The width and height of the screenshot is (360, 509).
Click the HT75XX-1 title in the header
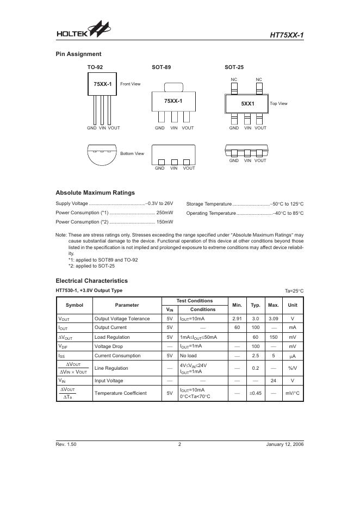(287, 35)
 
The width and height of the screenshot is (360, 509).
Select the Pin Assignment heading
(78, 54)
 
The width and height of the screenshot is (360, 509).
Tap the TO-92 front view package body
(103, 84)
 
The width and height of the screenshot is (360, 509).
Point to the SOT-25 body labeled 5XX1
(247, 103)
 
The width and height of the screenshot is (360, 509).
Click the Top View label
(278, 103)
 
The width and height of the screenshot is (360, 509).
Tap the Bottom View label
(132, 154)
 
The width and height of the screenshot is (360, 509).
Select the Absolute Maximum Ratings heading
(95, 193)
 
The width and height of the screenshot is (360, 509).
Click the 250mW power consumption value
(164, 213)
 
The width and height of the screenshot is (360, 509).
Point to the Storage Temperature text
(209, 204)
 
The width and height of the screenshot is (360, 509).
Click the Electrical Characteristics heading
(91, 281)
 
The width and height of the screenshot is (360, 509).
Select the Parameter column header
(127, 305)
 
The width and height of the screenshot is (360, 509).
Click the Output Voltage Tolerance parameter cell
(122, 319)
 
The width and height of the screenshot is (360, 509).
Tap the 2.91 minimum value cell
(237, 319)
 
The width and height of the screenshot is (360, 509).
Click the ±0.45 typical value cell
(255, 393)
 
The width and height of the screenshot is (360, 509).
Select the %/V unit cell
(292, 368)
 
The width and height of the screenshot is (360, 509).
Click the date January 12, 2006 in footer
(285, 445)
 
